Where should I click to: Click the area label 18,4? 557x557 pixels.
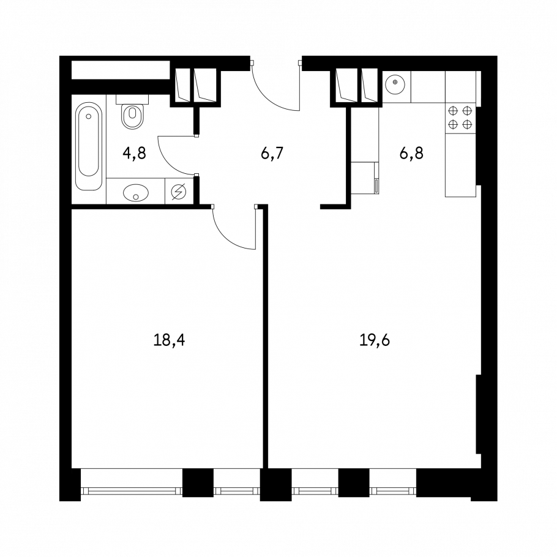click(169, 340)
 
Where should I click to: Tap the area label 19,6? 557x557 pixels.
click(375, 340)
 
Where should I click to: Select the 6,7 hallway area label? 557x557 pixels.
click(272, 154)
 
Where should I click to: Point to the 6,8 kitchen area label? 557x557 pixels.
click(411, 154)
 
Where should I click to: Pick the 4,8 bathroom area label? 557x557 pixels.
click(134, 154)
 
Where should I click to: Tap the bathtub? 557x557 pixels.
click(89, 146)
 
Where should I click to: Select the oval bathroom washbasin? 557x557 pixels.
click(136, 193)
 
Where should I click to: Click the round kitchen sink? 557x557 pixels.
click(395, 83)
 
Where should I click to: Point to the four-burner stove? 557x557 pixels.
click(460, 118)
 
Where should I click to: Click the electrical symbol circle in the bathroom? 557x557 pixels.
click(179, 192)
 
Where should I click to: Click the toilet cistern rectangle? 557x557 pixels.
click(132, 99)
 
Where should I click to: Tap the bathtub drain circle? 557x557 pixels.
click(89, 116)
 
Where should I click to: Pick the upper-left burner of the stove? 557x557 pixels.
click(453, 111)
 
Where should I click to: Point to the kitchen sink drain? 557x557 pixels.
click(395, 82)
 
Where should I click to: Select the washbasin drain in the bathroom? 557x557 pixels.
click(136, 196)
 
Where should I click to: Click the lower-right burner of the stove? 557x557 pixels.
click(467, 124)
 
